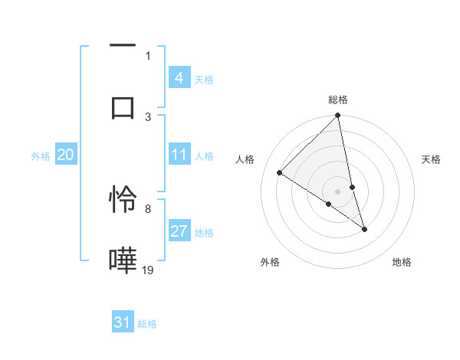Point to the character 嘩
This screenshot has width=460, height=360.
point(123,260)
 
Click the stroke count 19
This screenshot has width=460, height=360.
point(148,270)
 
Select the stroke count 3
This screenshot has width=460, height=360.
point(148,116)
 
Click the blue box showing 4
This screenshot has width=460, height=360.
point(179,78)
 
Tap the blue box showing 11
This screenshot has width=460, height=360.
point(179,155)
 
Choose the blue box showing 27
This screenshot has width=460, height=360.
point(179,232)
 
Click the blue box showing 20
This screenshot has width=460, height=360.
point(65,155)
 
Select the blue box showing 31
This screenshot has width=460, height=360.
point(123,323)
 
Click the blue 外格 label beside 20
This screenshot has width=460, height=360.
point(41,156)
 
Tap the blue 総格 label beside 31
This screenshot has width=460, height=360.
point(147,324)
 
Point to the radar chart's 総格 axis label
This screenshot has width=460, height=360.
point(338,100)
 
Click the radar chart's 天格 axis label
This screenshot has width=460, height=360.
point(432,159)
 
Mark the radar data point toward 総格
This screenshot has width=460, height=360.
point(338,116)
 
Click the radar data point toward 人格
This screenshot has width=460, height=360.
point(280,172)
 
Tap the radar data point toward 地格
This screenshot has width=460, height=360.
point(364,229)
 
